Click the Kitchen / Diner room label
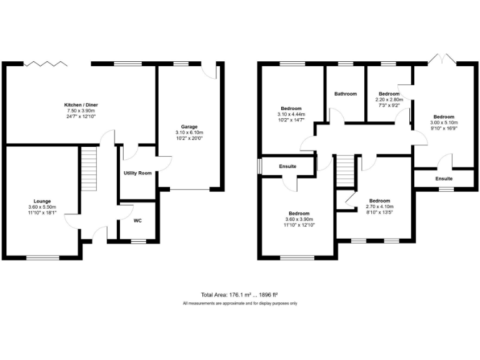click(x=81, y=104)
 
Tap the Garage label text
click(x=189, y=127)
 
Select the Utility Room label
click(x=137, y=173)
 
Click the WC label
click(x=137, y=221)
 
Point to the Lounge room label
click(x=42, y=201)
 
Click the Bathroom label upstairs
click(x=345, y=94)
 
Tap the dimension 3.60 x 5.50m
click(x=42, y=207)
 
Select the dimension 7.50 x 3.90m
click(x=81, y=111)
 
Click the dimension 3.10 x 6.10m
click(x=189, y=132)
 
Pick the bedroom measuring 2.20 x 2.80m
click(x=389, y=99)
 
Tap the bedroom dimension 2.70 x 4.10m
click(x=379, y=207)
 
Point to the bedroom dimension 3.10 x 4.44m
click(x=291, y=114)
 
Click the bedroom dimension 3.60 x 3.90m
click(x=299, y=219)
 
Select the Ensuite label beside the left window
click(x=287, y=166)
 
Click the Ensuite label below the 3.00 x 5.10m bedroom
click(x=444, y=179)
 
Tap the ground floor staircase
click(x=91, y=166)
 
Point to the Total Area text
click(x=239, y=294)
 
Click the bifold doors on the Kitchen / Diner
click(x=45, y=64)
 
